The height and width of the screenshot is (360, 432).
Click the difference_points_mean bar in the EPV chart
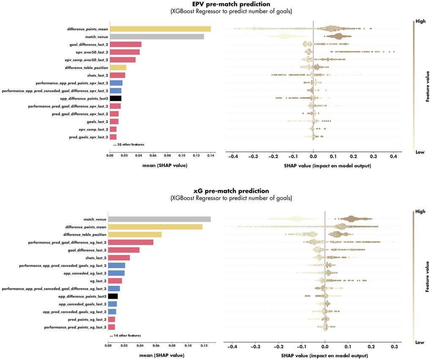coord(160,29)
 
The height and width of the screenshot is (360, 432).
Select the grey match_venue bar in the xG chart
coord(159,219)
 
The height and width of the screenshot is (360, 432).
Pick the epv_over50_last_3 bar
coord(125,52)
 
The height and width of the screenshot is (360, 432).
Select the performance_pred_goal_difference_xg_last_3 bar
coord(131,242)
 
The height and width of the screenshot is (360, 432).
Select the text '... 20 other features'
coord(129,145)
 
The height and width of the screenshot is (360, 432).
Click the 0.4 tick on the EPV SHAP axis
coord(393,156)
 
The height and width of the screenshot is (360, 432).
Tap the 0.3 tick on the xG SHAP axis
coord(394,346)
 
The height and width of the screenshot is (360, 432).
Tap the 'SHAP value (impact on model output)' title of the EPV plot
coord(313,165)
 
